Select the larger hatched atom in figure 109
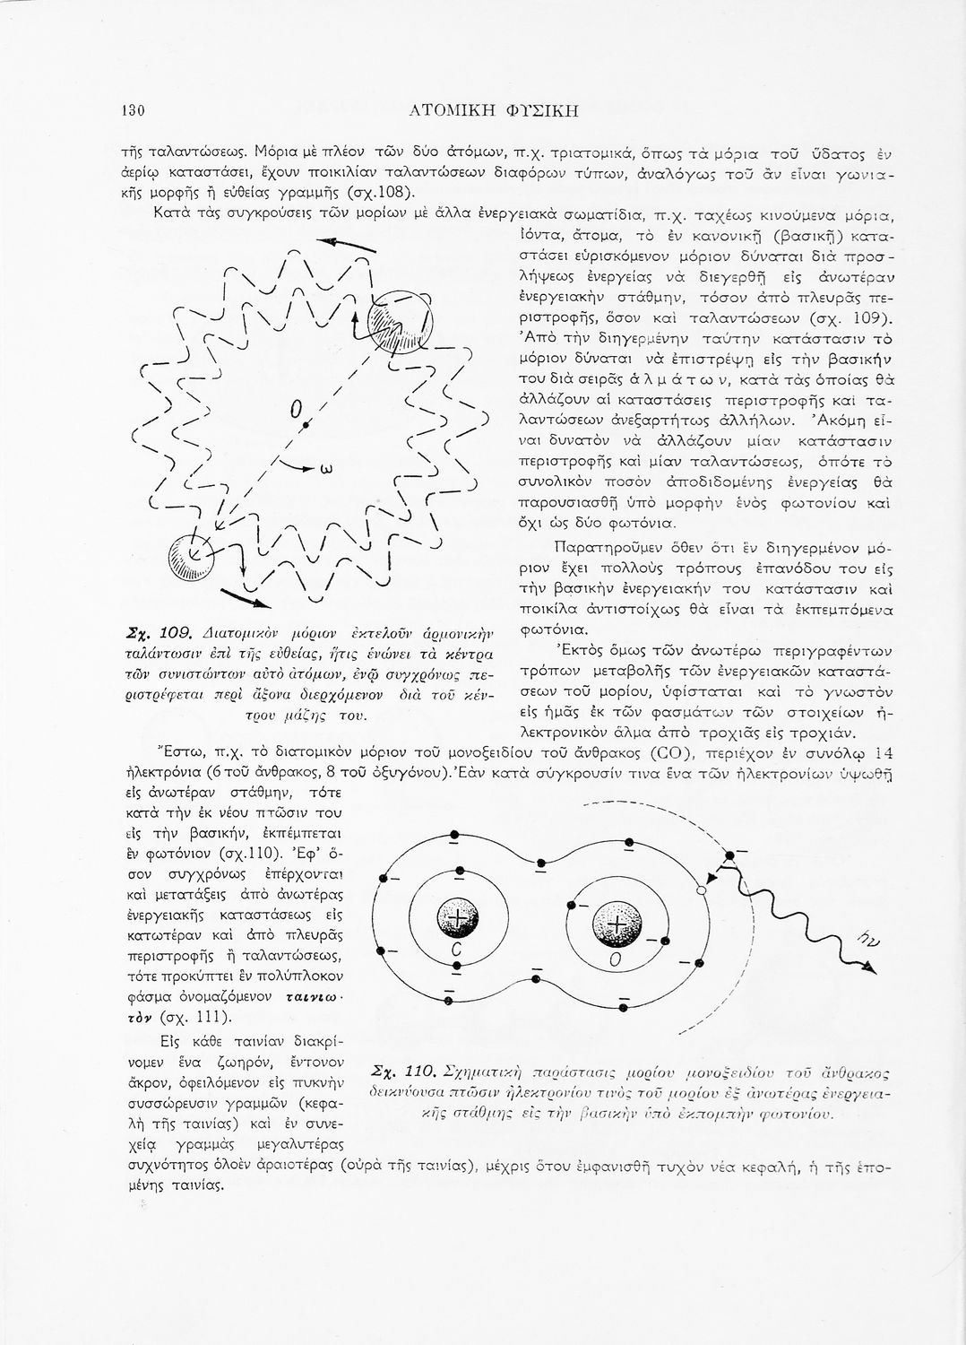tap(401, 322)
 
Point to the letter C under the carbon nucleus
tap(456, 950)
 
